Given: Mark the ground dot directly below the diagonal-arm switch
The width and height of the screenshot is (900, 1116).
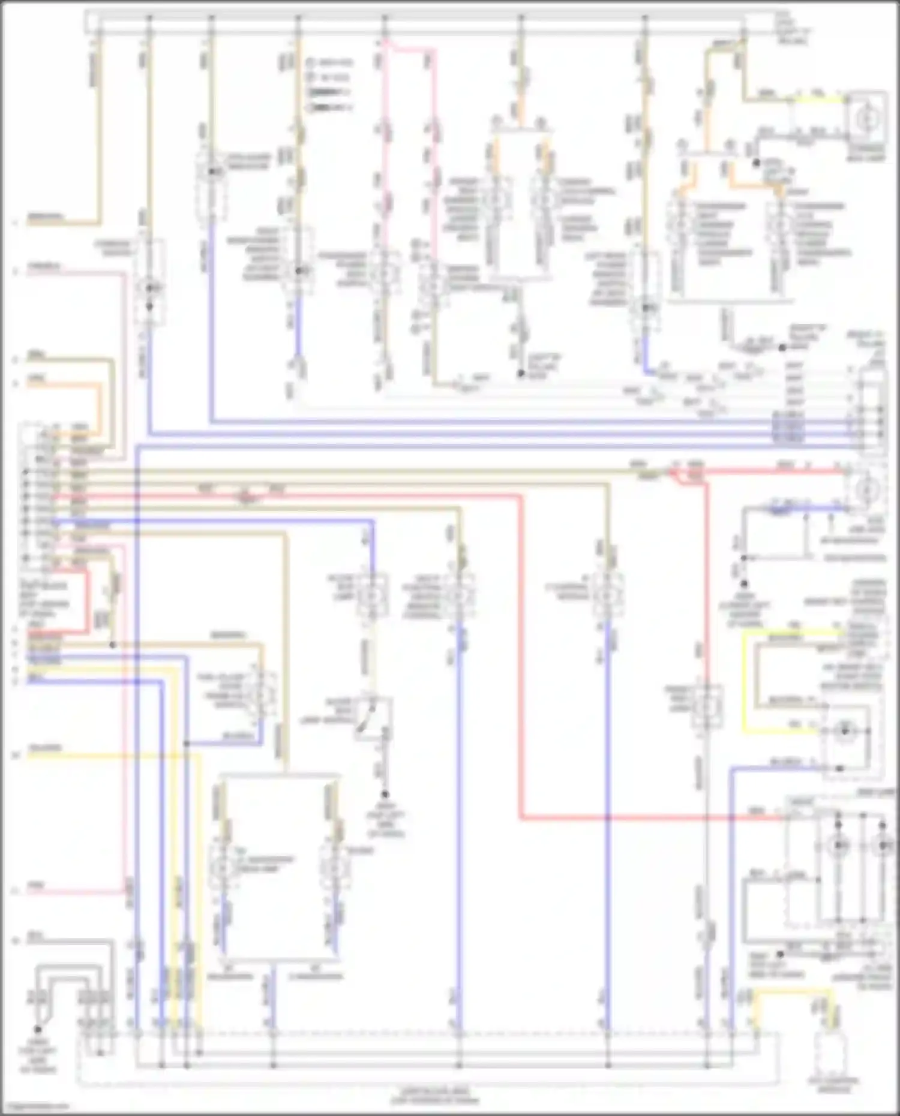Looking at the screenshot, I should coord(385,794).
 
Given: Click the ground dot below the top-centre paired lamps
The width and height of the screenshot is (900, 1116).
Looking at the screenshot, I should coord(521,374).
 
